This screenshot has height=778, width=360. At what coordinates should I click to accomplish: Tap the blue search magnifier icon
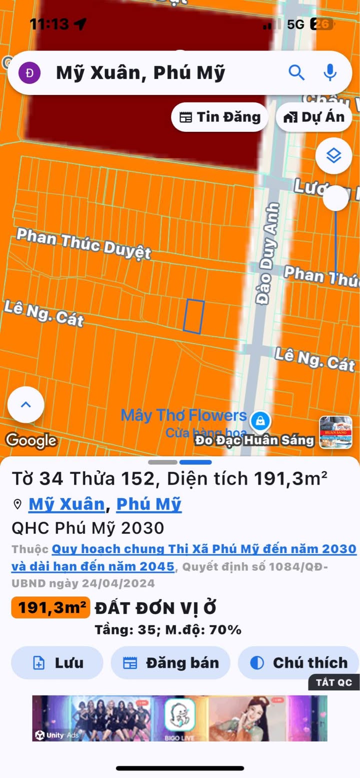(x=296, y=73)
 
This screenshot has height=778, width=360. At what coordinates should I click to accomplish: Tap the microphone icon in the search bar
(x=329, y=73)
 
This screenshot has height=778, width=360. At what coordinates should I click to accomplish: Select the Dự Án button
(x=314, y=117)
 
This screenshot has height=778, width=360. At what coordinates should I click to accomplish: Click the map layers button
(x=333, y=156)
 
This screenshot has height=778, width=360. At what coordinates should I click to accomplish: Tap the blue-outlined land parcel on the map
(x=193, y=316)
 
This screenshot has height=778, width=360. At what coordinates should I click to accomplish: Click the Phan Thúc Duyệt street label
(x=83, y=243)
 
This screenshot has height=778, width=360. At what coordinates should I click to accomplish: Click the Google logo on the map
(x=31, y=440)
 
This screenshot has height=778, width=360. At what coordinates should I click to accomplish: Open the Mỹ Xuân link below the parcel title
(x=66, y=504)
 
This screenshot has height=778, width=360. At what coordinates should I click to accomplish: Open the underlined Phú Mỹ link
(x=148, y=504)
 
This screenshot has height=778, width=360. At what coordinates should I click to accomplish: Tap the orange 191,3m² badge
(x=50, y=608)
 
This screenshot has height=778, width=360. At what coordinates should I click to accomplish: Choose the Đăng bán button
(x=170, y=663)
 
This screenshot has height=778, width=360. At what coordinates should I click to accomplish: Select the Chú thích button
(x=298, y=663)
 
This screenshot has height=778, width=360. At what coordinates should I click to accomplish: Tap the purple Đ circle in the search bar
(x=29, y=73)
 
